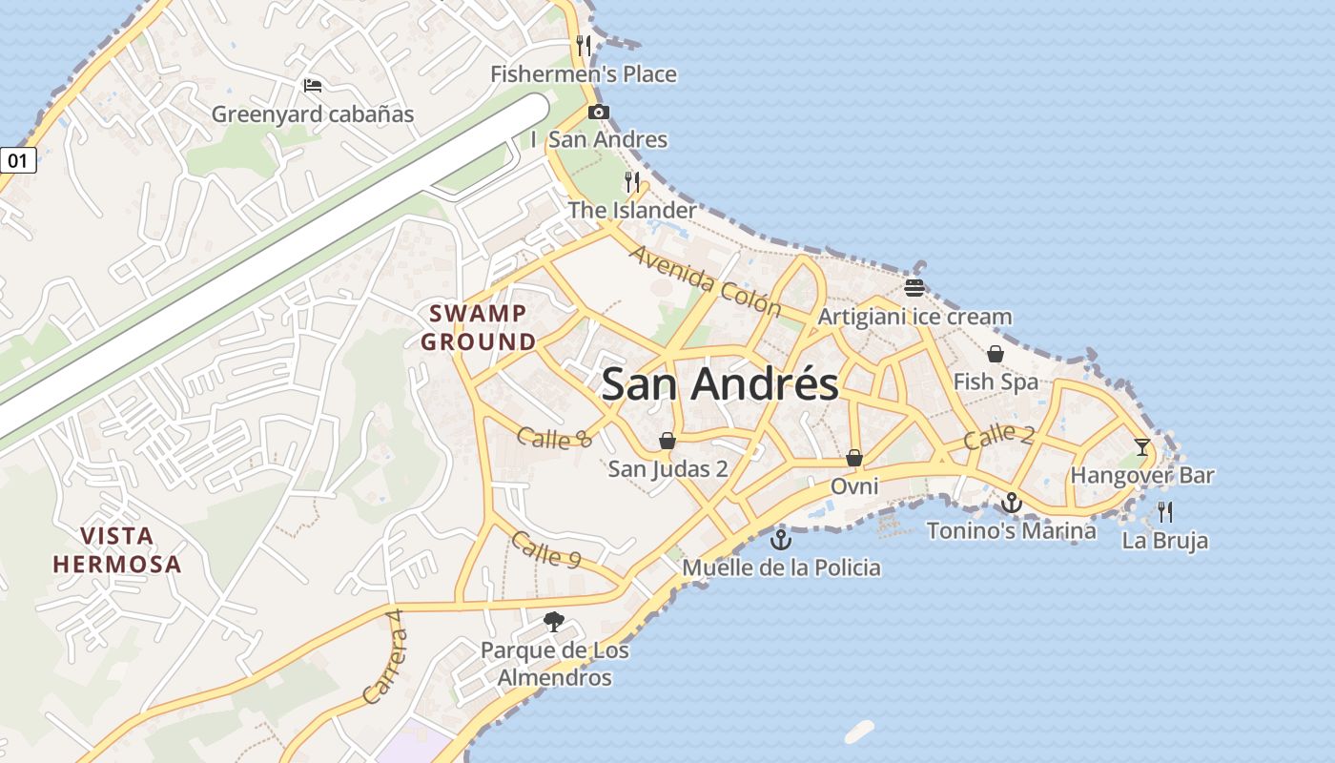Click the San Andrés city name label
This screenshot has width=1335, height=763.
point(720,383)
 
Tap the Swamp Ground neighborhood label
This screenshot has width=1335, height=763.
point(478,327)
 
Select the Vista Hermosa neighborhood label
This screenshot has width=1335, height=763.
point(116,549)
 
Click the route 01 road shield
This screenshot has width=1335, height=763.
point(17,160)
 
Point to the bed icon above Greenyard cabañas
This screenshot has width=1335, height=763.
point(312,86)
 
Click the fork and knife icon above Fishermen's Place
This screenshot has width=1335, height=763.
point(584,45)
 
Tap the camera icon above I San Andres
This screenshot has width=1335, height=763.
point(599,112)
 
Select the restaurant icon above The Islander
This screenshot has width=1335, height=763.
point(631,181)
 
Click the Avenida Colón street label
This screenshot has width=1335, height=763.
point(706,281)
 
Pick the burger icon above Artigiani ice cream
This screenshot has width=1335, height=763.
point(914,288)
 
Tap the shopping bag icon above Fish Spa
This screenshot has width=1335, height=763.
point(996,355)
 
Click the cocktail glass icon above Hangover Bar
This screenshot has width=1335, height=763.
point(1141,446)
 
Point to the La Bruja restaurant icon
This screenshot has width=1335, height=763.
point(1164,512)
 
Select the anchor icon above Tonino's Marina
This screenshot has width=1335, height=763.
point(1012,502)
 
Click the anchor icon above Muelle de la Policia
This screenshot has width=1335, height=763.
point(781,540)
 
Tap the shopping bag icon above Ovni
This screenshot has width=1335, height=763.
point(854,459)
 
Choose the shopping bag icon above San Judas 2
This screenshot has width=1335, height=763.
point(667,441)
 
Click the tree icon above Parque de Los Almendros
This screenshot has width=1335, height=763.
point(554,623)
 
